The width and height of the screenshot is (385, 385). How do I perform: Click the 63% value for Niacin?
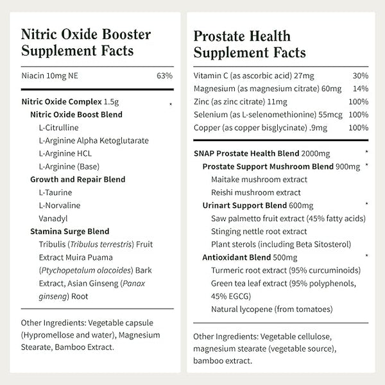[x=164, y=76]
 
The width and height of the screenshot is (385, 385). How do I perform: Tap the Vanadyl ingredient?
[x=52, y=218]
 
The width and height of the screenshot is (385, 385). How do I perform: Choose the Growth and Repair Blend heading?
[x=78, y=180]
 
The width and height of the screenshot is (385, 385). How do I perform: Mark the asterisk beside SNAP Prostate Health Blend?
[x=366, y=153]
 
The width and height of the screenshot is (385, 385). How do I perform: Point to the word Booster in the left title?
[x=128, y=34]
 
